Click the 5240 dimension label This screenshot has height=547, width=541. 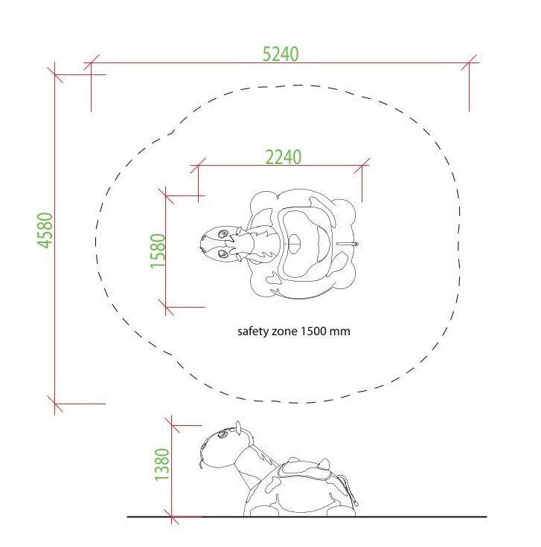(281, 54)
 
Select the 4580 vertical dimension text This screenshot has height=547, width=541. (45, 230)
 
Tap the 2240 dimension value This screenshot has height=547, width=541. (284, 157)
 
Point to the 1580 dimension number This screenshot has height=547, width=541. (158, 250)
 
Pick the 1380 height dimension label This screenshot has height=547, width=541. (162, 465)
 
